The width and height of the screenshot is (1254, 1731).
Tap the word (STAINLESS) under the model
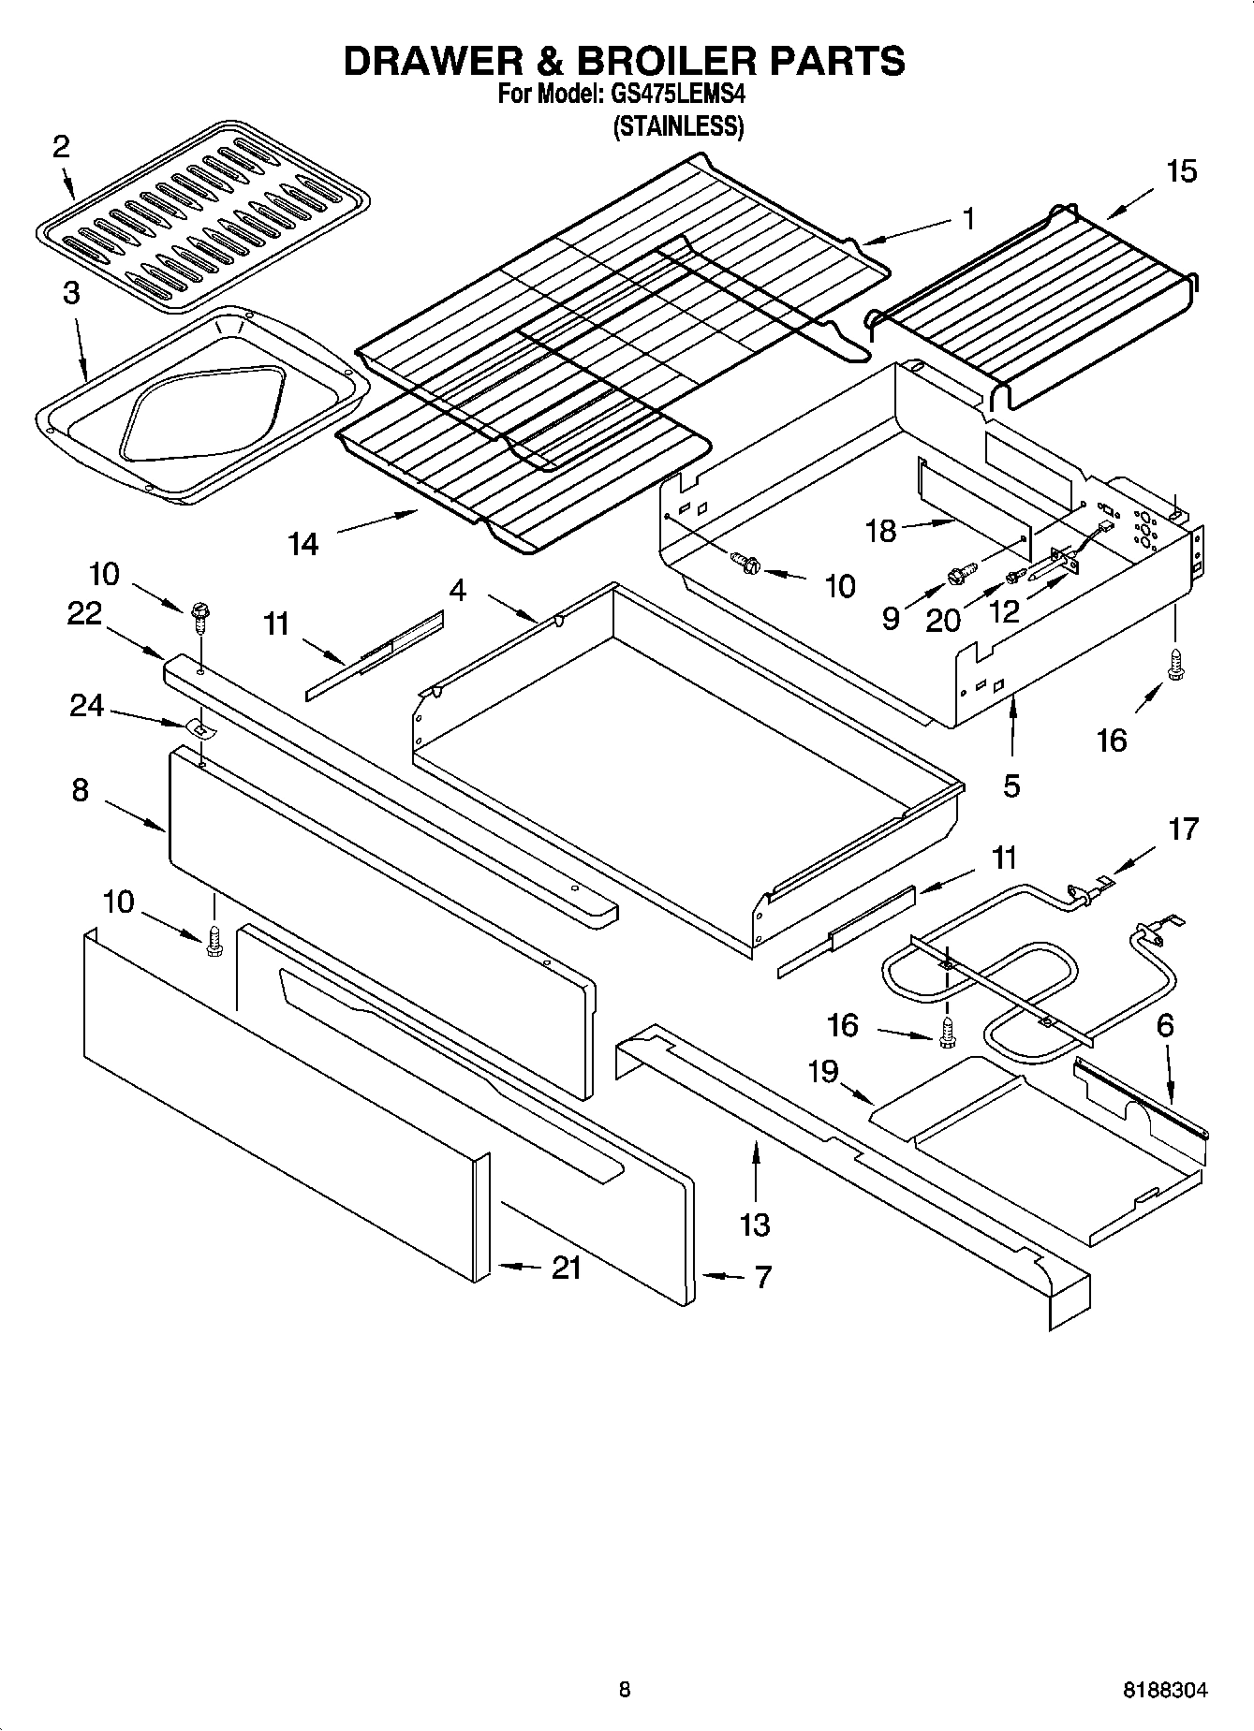(678, 126)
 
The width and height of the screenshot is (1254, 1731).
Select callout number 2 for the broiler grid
(61, 147)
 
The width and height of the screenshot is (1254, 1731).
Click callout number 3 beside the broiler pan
(71, 293)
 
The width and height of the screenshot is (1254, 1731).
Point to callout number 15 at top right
(1181, 171)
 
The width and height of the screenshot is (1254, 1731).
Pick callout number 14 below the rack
(303, 543)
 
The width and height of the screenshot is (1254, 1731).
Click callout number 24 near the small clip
(87, 705)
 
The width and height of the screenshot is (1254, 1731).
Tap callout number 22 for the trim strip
(84, 613)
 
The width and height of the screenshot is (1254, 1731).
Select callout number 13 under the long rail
(755, 1224)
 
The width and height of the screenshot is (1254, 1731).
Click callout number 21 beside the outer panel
(566, 1268)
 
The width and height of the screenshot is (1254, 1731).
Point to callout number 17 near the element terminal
(1183, 829)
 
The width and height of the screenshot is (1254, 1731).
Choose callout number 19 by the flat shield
(823, 1071)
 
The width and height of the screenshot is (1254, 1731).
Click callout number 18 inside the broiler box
(881, 531)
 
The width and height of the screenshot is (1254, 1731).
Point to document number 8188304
(1165, 1691)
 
